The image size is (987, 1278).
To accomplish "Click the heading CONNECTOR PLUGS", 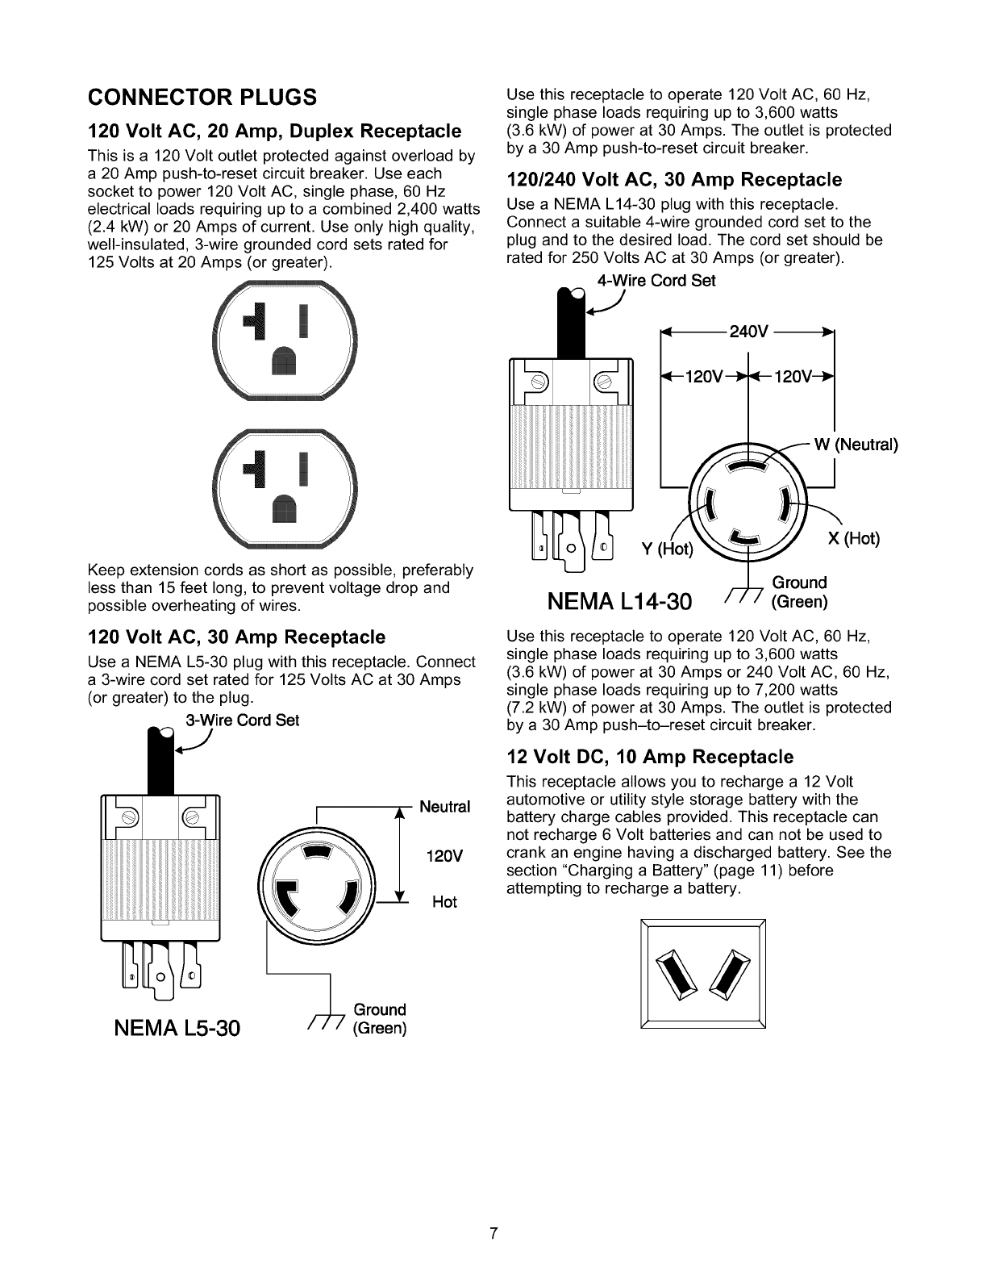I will coord(202,98).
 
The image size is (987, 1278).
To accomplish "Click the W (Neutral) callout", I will coord(856,445).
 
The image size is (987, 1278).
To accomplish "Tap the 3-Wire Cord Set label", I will coord(242,720).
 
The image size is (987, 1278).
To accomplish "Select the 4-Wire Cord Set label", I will coord(656,280).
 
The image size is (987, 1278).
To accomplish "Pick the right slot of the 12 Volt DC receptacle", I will coord(728,974).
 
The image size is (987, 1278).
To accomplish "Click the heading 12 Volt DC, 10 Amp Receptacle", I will coord(650,757).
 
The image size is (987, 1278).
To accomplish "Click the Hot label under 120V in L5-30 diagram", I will coord(444,901).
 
